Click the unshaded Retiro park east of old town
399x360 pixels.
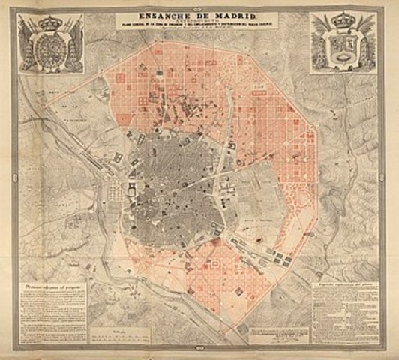click(259, 187)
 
